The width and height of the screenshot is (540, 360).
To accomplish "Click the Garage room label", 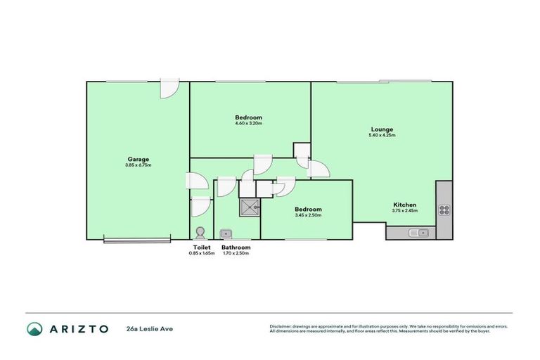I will (138, 159).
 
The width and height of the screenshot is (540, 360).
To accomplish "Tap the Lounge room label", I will (382, 129).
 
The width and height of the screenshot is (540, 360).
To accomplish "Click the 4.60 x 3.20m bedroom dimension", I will (248, 124).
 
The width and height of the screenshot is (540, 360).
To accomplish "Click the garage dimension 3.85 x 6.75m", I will (138, 165).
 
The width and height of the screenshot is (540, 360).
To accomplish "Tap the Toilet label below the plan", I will (201, 247).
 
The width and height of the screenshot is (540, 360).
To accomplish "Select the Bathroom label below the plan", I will (236, 247).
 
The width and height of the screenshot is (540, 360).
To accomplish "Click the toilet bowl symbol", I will (201, 233).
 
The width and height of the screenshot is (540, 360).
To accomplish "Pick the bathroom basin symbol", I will (226, 233).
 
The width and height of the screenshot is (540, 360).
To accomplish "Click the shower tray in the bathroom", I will (250, 206).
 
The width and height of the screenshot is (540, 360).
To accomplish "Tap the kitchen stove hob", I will (444, 209).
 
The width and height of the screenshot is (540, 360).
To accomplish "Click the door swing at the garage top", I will (169, 89).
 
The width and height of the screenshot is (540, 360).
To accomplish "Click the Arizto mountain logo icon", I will (34, 328).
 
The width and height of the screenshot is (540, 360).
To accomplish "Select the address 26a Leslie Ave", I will (149, 328).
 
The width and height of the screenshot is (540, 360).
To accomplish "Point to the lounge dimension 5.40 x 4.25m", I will (382, 135).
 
